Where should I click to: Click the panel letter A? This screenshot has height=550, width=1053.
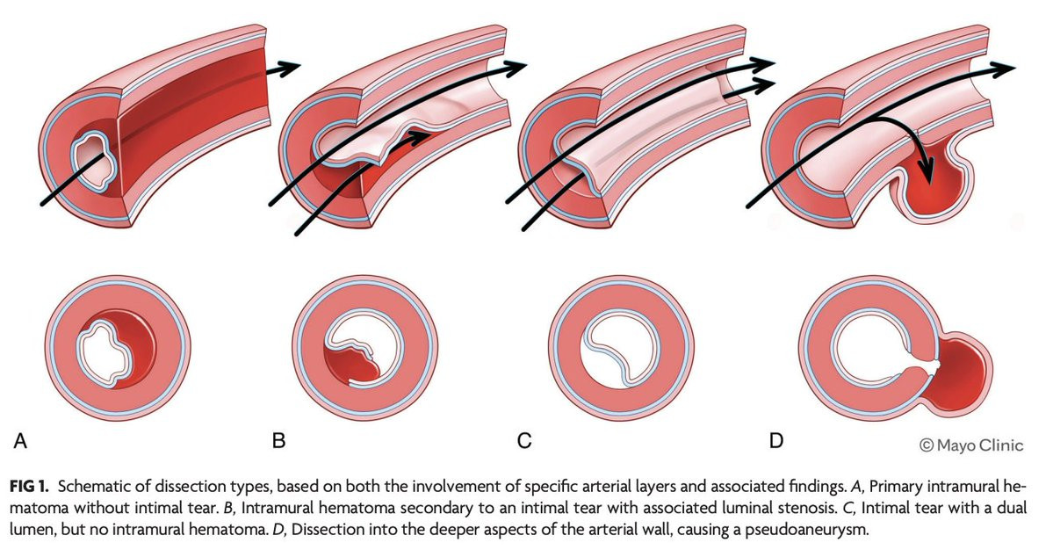coord(20,440)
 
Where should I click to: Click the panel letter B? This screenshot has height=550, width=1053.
coord(278,440)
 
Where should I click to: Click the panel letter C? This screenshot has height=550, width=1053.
coord(524,440)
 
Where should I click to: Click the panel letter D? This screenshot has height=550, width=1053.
coord(776,440)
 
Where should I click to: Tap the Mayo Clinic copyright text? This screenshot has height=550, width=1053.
coord(971,445)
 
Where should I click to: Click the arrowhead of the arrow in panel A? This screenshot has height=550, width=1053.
coord(287,66)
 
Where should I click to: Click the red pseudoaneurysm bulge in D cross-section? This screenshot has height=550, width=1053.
coord(960,374)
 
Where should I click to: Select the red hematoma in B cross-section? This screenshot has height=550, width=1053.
coord(356,366)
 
